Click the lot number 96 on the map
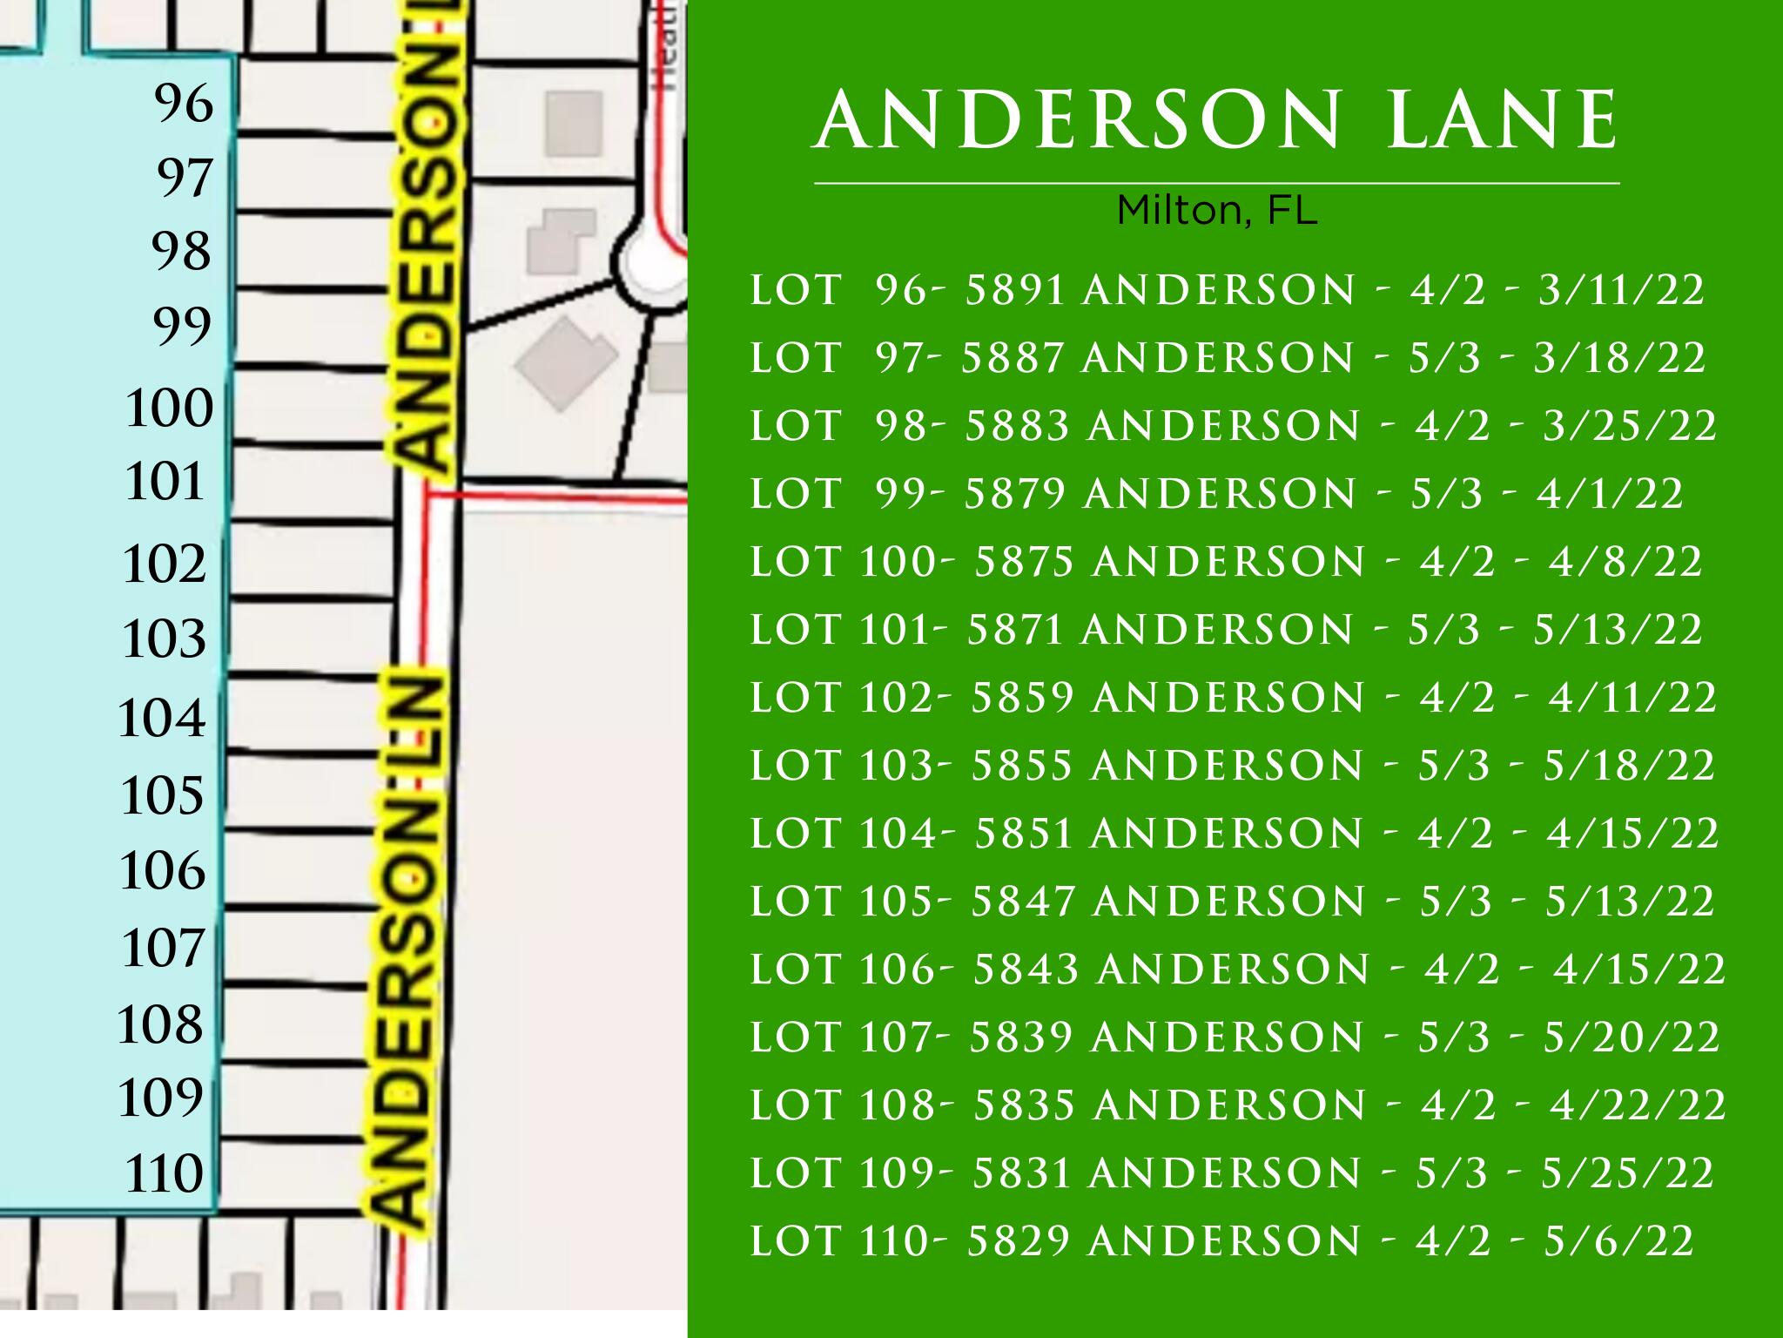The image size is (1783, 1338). tap(184, 104)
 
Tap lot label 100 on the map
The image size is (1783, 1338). tap(169, 408)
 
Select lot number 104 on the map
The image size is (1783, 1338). tap(162, 719)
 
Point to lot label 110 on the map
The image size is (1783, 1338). tap(164, 1173)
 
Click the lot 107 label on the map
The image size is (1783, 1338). tap(163, 948)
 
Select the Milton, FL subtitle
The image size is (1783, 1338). tap(1216, 210)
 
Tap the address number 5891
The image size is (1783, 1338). tap(1015, 290)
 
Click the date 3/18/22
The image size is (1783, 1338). tap(1618, 358)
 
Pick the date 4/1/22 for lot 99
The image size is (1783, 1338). tap(1609, 494)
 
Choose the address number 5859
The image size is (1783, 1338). tap(1021, 698)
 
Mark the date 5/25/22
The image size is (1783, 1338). tap(1627, 1173)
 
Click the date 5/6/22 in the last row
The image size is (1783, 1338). tap(1618, 1241)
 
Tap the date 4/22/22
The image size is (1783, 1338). tap(1637, 1105)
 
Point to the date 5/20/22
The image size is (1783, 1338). tap(1631, 1037)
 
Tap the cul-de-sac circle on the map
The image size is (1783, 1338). tap(649, 261)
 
